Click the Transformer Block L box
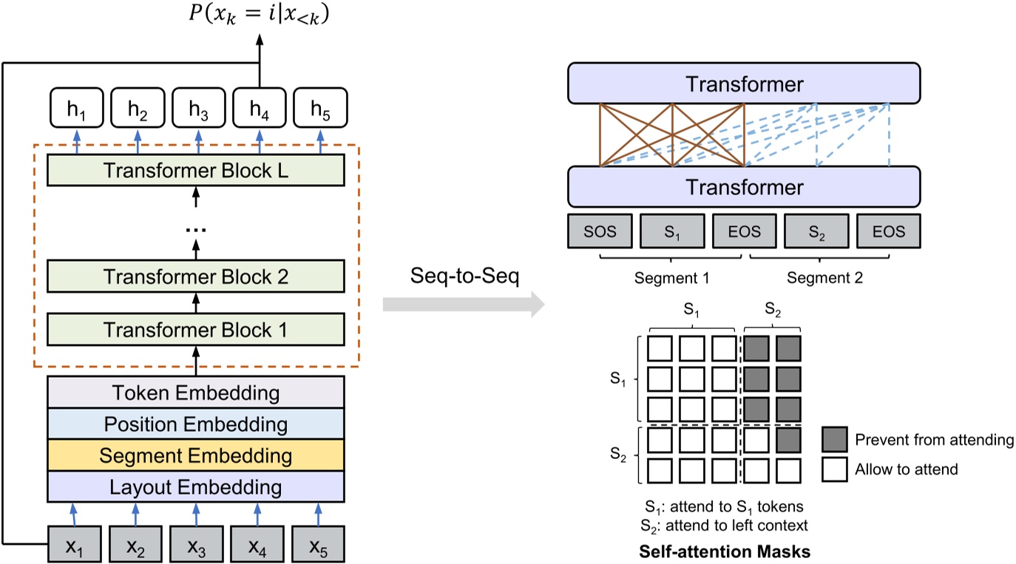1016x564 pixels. click(x=196, y=170)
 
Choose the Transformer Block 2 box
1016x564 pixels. click(x=196, y=276)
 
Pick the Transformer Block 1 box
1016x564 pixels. click(x=196, y=330)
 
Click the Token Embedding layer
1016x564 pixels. click(x=196, y=393)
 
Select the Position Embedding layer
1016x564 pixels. click(x=196, y=424)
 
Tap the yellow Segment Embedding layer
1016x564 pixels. click(x=196, y=456)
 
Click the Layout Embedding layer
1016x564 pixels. click(x=196, y=488)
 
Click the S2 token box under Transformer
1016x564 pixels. click(x=816, y=231)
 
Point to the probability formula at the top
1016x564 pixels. click(x=259, y=14)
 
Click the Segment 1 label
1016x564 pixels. click(x=671, y=279)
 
